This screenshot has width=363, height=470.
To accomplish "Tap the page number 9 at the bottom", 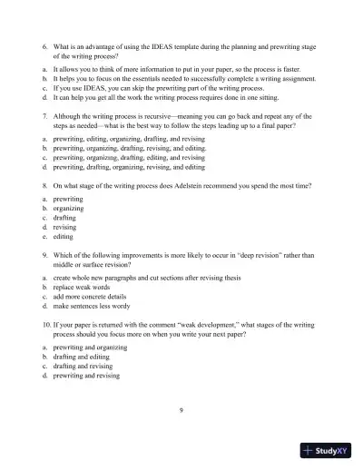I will click(x=181, y=410).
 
